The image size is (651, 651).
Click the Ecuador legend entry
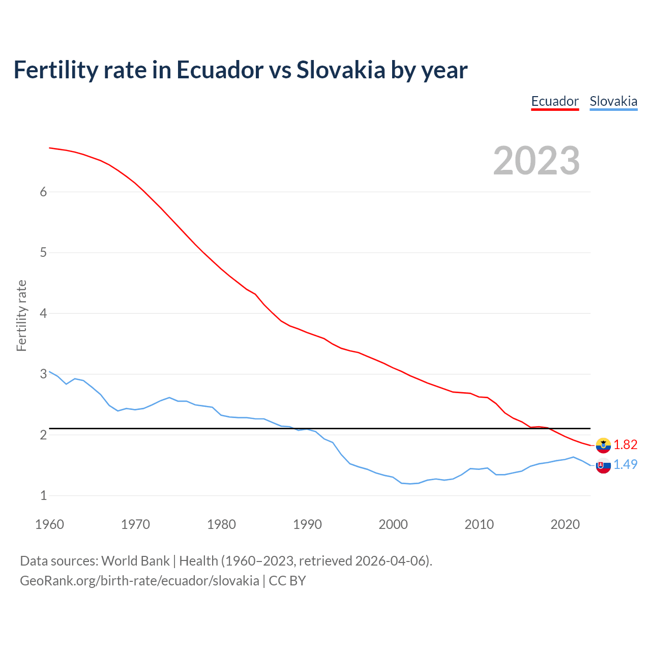pos(555,101)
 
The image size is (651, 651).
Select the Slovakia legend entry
pos(613,101)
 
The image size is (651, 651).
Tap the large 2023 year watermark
pos(537,161)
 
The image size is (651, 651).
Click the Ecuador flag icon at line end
pos(603,445)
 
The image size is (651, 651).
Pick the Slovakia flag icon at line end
pos(603,465)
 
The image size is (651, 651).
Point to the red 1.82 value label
pos(625,445)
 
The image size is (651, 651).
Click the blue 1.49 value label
pos(625,465)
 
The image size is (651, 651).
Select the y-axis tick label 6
pos(43,192)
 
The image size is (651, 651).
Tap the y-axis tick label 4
pos(43,313)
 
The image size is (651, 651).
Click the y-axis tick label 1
pos(43,495)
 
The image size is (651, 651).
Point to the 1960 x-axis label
pos(49,524)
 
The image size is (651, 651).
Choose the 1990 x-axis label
pos(307,524)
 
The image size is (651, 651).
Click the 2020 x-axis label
pos(565,524)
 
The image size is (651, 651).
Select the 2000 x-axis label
pos(393,524)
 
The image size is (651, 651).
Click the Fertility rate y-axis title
pos(21,315)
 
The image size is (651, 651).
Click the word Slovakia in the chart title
pos(341,70)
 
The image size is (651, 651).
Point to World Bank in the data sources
pos(135,561)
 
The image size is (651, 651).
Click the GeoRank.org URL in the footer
pos(139,581)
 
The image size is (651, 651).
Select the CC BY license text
pos(287,581)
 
